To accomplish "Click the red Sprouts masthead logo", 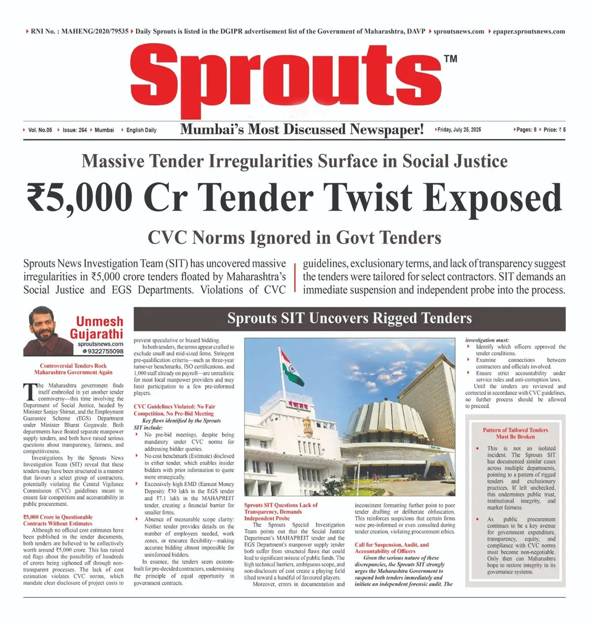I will point(286,78).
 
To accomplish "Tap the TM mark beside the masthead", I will point(450,59).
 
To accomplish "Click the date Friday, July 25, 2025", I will point(459,130).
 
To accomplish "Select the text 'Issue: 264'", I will point(75,130).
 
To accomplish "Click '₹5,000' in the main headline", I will point(80,197).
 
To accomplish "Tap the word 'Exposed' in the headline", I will point(493,197).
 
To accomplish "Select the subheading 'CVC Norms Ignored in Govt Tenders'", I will point(294,238).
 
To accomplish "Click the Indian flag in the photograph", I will point(292,367).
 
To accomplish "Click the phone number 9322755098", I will point(105,351).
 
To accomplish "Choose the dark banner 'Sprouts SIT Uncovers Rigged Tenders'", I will point(349,319).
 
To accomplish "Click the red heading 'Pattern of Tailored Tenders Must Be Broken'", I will point(515,433).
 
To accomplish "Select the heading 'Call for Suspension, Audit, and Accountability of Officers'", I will point(392,548).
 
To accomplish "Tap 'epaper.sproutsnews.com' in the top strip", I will point(529,31).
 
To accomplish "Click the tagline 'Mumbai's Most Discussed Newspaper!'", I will point(302,130).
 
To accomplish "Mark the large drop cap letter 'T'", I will point(29,392).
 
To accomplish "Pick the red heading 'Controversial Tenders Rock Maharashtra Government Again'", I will point(74,369).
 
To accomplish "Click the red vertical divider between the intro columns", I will point(295,277).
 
